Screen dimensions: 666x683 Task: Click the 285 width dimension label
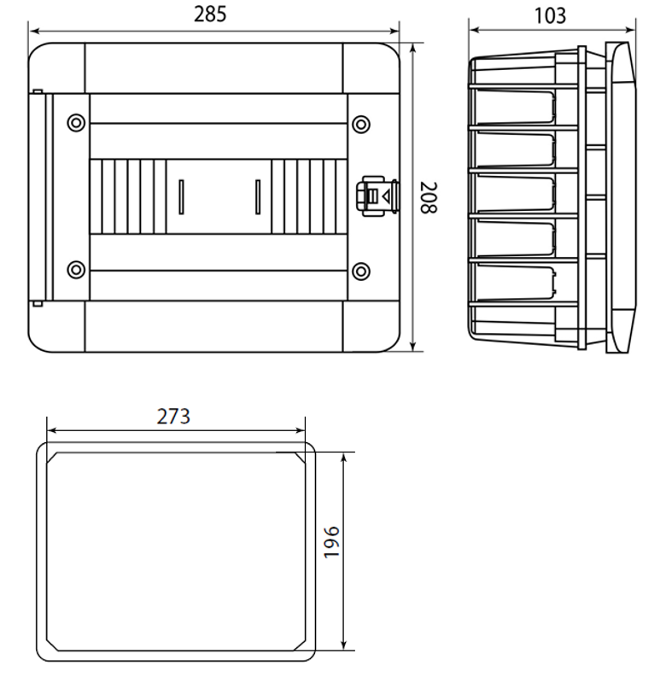(x=210, y=15)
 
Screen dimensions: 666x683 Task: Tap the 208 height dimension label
(x=429, y=198)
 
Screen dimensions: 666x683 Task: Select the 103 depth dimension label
(x=550, y=16)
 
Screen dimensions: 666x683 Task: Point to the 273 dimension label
(x=173, y=417)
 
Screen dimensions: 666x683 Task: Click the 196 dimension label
(x=331, y=542)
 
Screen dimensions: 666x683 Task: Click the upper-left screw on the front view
(x=76, y=123)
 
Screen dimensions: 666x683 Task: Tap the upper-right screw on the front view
(x=361, y=124)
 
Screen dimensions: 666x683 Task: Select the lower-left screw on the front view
(x=76, y=270)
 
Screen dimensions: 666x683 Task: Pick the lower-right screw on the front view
(x=361, y=271)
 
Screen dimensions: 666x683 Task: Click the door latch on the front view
(x=377, y=196)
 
